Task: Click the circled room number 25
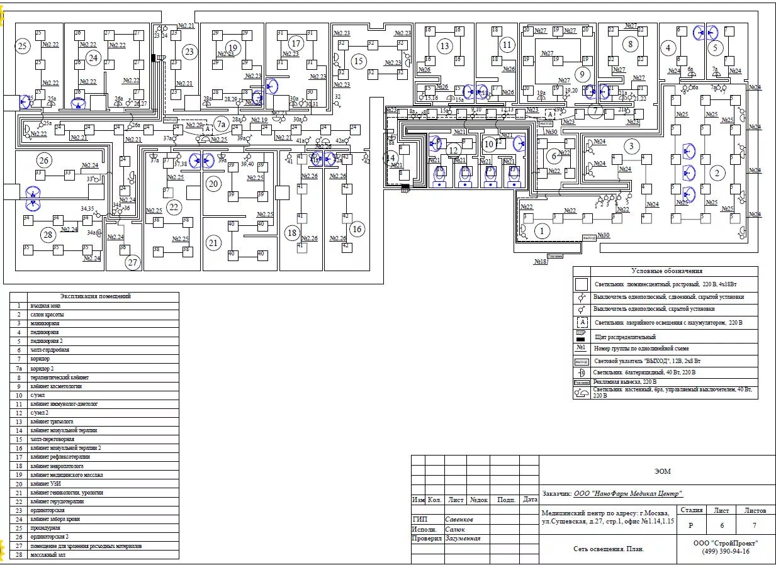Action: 23,46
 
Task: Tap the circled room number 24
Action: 94,58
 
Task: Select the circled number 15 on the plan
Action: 358,61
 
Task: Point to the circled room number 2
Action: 714,172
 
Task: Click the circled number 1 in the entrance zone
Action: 541,231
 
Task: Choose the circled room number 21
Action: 214,243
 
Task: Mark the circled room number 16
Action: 357,228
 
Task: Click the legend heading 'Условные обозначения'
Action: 666,271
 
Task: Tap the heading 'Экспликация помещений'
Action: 96,296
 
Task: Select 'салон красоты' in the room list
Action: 47,314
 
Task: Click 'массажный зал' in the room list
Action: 48,555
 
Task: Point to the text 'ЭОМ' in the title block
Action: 662,471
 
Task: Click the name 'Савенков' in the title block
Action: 459,520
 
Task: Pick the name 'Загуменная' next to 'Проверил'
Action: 463,539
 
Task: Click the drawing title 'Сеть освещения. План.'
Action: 609,549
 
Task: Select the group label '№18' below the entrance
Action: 541,261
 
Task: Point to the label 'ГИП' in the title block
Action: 419,520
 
